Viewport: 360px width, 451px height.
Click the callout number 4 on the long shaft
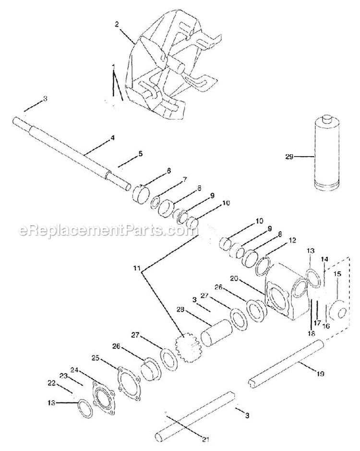[x=112, y=138]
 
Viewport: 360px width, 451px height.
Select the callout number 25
[x=96, y=357]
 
